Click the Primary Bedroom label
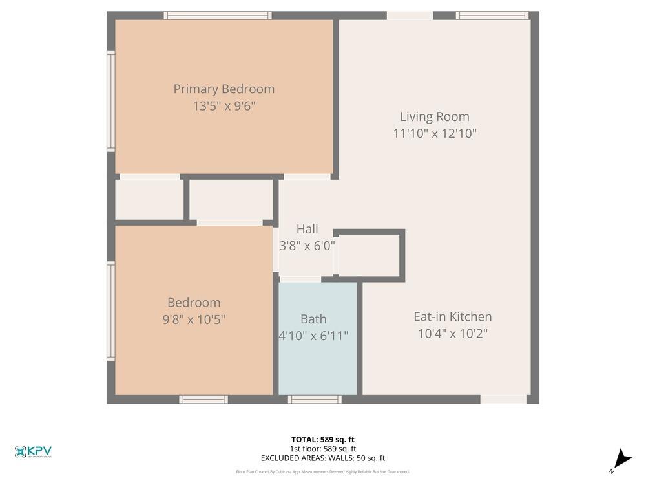coord(224,89)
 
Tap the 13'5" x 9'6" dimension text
coord(224,106)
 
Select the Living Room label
coord(434,117)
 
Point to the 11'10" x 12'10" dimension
coord(434,134)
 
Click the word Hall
coord(307,229)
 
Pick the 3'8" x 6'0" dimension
coord(307,246)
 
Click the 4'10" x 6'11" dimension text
coord(313,336)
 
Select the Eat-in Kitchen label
coord(452,317)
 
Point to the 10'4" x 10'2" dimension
coord(452,334)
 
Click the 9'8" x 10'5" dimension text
coord(193,319)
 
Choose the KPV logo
coord(33,452)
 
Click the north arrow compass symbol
coord(621,459)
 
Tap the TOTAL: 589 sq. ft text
coord(322,440)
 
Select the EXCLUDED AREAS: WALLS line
coord(322,458)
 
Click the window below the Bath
coord(315,399)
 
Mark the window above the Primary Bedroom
coord(217,16)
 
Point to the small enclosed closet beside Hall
coord(369,255)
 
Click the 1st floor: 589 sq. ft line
coord(322,449)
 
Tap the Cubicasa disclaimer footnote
coord(322,472)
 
